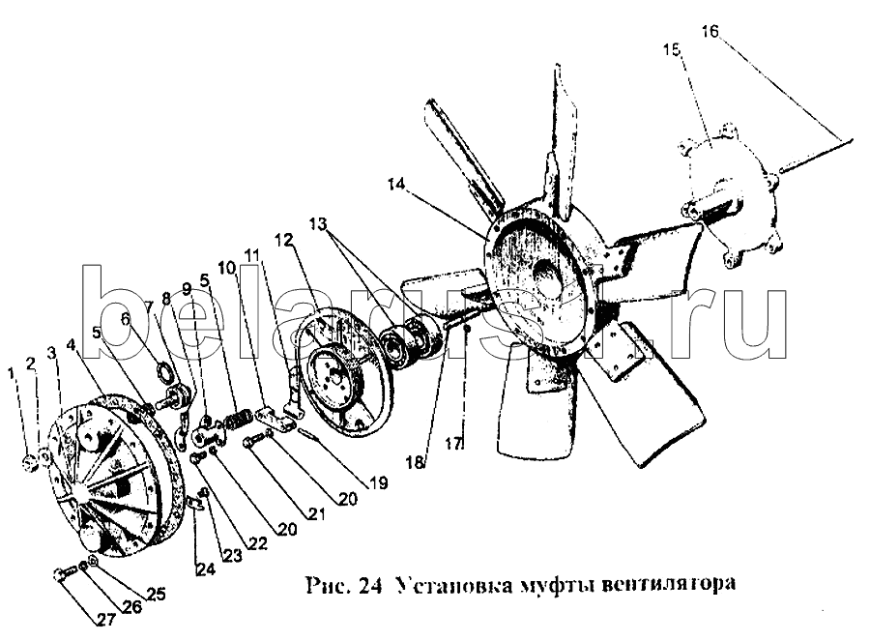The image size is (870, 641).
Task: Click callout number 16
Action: [x=710, y=31]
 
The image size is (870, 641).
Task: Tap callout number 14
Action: [x=396, y=184]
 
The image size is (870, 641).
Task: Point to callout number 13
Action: [x=318, y=223]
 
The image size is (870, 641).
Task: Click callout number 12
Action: [x=283, y=240]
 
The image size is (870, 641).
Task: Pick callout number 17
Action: [x=453, y=444]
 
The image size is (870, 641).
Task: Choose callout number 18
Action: [x=415, y=462]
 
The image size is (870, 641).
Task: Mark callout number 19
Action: [x=378, y=482]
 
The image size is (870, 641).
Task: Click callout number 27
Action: [x=106, y=620]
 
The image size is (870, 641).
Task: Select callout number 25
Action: [x=156, y=594]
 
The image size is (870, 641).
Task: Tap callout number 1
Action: [x=11, y=373]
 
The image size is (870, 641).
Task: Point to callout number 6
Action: [x=126, y=318]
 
